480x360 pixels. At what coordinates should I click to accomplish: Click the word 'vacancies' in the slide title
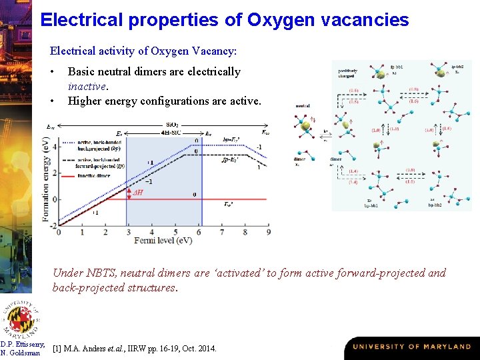364,20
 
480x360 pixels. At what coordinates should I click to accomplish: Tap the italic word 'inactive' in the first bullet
87,87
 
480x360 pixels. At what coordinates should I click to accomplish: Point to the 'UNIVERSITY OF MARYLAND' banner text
411,347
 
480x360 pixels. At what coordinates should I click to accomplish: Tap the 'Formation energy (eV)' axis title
46,179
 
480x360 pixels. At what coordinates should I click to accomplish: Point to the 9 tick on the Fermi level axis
268,232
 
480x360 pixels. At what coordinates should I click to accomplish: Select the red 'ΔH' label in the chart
139,192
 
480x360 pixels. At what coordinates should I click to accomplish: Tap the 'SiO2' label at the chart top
171,125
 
